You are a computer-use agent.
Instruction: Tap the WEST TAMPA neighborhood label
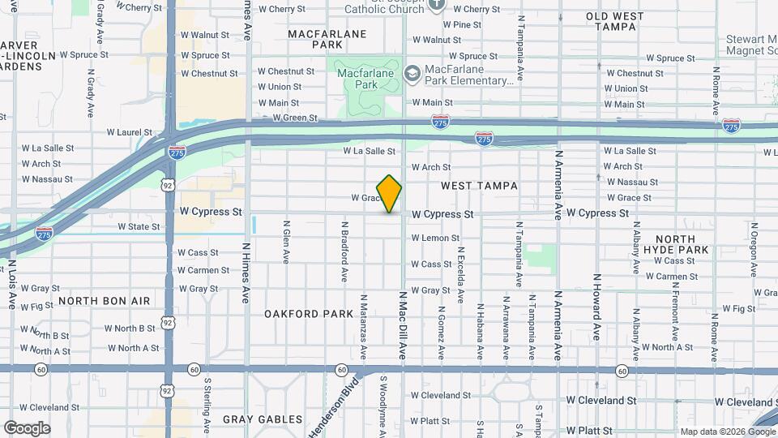click(x=479, y=186)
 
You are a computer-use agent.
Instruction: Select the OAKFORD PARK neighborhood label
click(x=309, y=314)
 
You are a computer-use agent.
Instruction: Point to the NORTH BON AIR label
click(x=105, y=301)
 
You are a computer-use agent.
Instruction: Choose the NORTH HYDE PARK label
click(x=675, y=245)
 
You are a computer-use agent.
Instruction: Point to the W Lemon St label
click(x=435, y=238)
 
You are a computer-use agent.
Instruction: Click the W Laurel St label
click(x=130, y=132)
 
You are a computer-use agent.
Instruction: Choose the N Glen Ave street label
click(x=286, y=243)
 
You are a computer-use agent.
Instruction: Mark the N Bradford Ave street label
click(x=344, y=252)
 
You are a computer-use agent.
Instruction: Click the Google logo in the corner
click(x=27, y=428)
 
